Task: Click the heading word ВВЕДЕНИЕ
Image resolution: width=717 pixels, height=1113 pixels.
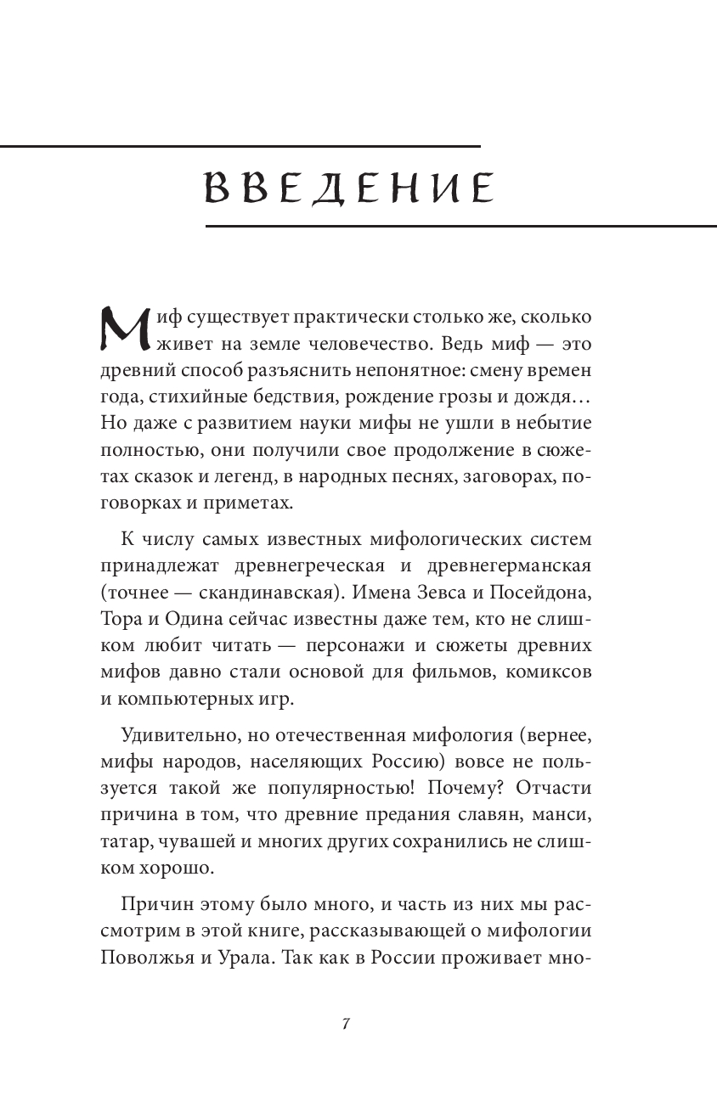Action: pos(349,188)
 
